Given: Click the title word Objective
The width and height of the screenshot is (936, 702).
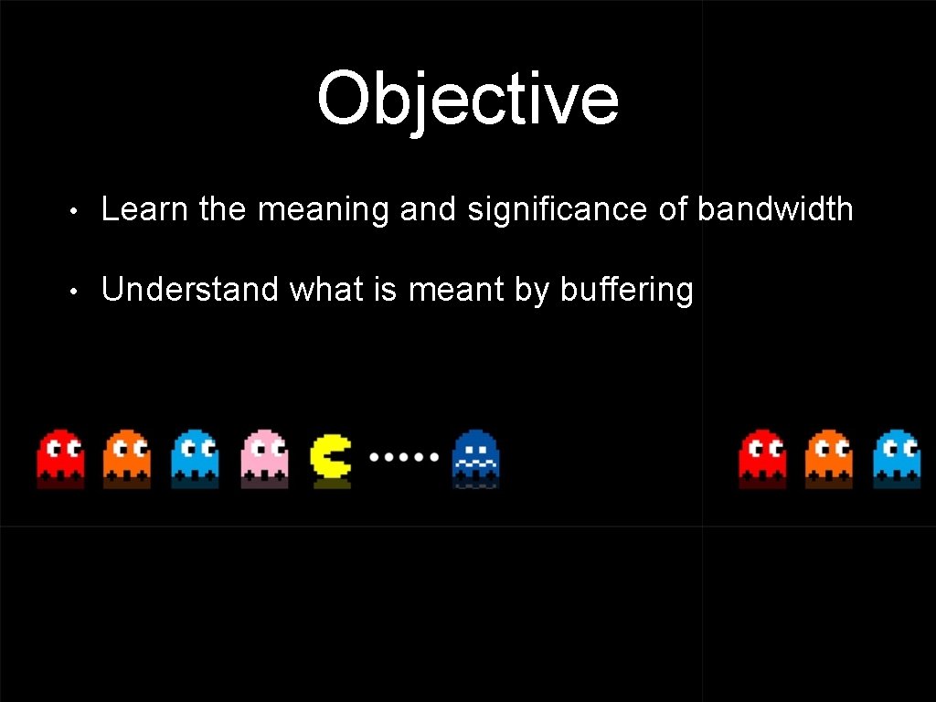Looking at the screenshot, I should [x=468, y=99].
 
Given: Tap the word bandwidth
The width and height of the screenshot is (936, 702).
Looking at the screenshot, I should [x=775, y=209].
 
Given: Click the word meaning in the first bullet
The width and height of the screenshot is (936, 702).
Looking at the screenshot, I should [x=324, y=211].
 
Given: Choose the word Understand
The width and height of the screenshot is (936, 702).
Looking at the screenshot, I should [x=190, y=290].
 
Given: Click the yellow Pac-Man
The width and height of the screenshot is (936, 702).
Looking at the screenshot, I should [x=330, y=456].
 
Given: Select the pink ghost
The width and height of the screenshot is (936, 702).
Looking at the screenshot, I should [x=264, y=454].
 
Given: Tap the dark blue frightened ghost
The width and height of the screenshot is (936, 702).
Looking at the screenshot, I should [x=475, y=456].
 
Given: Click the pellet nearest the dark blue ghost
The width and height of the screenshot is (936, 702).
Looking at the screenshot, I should [x=434, y=455].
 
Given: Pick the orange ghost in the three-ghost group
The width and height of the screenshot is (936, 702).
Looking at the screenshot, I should [x=829, y=454].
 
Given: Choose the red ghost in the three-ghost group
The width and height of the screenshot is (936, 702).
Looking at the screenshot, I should [x=762, y=454].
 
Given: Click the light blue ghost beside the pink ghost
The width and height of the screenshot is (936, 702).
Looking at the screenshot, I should [x=195, y=454].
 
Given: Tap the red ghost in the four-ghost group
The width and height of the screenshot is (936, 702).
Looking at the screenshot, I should [x=60, y=454].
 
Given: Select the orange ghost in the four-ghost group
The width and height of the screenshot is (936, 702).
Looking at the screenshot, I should [x=127, y=454].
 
